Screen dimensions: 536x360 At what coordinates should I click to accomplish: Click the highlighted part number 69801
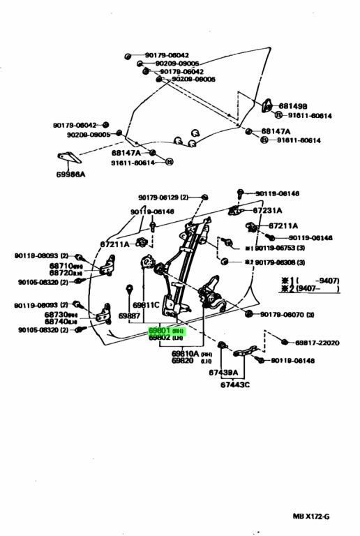(159, 330)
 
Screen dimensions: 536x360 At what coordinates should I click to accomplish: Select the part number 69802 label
(159, 337)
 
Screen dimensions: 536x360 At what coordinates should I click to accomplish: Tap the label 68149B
(293, 107)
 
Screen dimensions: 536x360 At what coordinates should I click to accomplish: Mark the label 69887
(129, 315)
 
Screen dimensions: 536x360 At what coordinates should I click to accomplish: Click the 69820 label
(183, 361)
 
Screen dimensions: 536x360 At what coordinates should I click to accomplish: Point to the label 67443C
(235, 385)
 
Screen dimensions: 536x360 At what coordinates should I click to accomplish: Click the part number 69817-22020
(316, 343)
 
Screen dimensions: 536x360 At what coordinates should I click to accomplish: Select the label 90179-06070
(282, 315)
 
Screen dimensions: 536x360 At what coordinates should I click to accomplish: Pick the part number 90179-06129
(158, 198)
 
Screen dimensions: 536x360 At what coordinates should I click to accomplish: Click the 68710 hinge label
(61, 266)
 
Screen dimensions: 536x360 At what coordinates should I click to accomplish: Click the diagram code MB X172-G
(310, 516)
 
